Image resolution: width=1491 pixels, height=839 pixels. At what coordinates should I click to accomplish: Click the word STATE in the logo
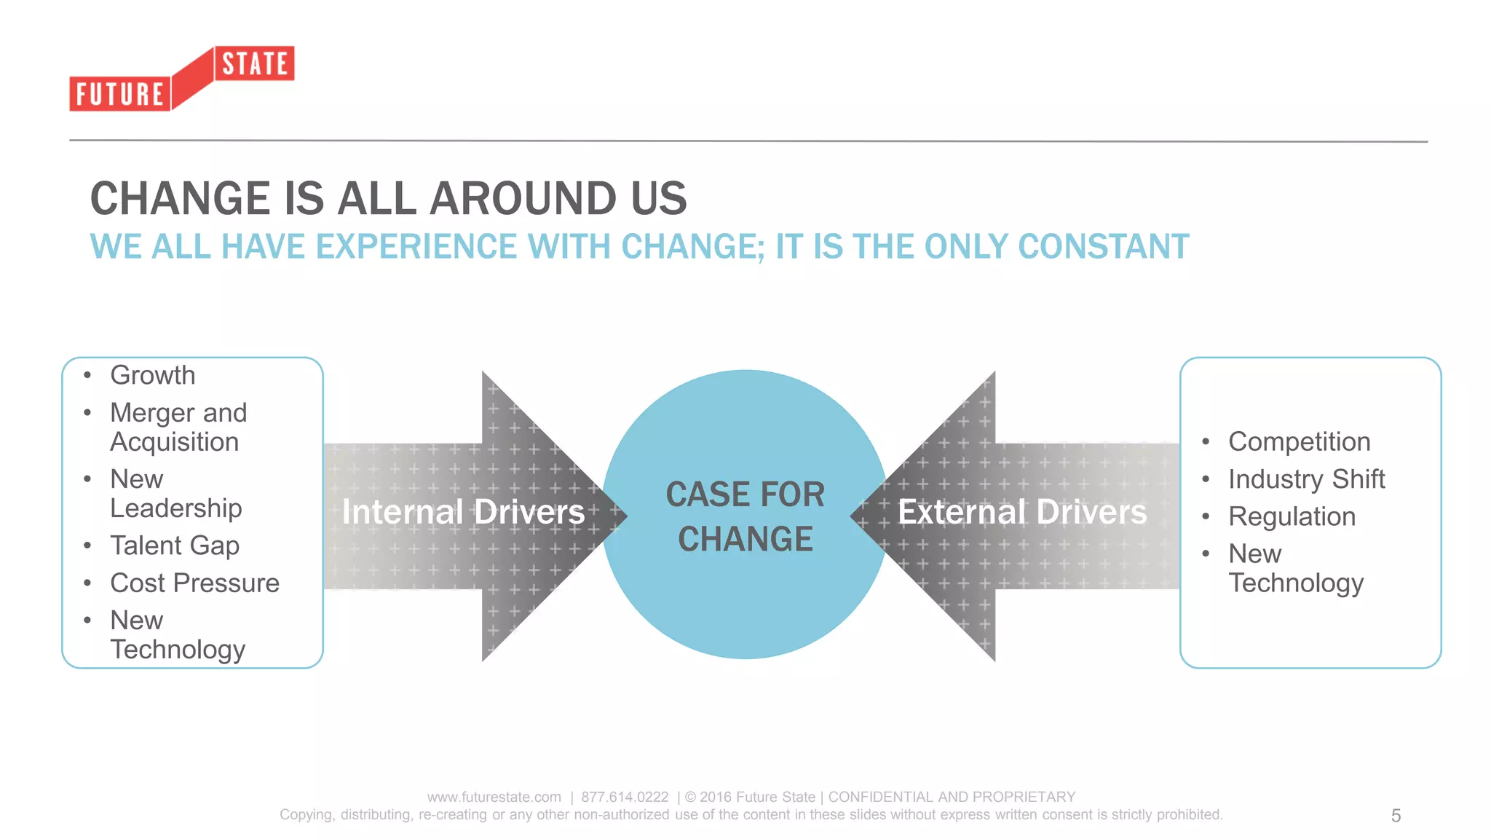(x=255, y=64)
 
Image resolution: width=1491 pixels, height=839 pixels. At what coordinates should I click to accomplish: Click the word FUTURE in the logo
(x=120, y=95)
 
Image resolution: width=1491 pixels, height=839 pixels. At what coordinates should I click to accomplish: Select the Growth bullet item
(x=152, y=375)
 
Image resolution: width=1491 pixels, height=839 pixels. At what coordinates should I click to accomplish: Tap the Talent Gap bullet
(x=175, y=545)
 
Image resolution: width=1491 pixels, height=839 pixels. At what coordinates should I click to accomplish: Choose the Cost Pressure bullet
(x=194, y=583)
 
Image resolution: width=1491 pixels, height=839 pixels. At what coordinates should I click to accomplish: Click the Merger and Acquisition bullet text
(x=178, y=428)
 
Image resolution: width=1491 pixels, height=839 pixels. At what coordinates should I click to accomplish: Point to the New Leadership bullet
(x=175, y=494)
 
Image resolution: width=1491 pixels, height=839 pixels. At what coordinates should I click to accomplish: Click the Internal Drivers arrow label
(x=464, y=512)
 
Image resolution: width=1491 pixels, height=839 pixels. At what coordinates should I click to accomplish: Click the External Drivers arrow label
(x=1022, y=512)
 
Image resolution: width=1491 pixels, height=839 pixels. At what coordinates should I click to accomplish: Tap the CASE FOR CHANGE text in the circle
(x=745, y=516)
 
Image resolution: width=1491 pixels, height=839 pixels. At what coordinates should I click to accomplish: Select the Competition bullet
(x=1299, y=441)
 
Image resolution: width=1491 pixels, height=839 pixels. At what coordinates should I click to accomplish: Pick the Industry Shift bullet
(x=1306, y=479)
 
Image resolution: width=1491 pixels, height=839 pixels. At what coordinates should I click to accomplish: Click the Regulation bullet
(x=1292, y=516)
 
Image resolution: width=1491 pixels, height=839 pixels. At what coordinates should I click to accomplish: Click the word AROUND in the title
(x=523, y=199)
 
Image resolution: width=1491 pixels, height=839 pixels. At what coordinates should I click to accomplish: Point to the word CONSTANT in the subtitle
(x=1104, y=247)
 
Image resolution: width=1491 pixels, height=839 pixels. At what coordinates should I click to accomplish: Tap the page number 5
(x=1396, y=816)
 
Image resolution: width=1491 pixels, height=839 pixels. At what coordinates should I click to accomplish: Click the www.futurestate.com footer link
(x=494, y=797)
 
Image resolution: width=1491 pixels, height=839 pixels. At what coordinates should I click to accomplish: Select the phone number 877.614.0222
(x=625, y=797)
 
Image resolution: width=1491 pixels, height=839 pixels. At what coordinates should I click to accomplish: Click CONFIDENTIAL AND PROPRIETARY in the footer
(x=952, y=797)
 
